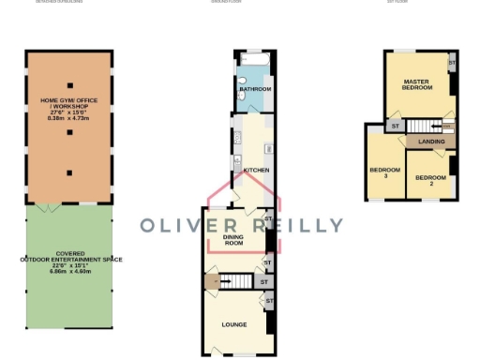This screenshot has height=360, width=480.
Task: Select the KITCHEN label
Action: [x=257, y=170]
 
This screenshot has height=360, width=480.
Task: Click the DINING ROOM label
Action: [x=233, y=241]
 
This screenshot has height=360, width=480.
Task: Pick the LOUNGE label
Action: [x=233, y=324]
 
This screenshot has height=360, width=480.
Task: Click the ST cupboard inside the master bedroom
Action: [x=452, y=64]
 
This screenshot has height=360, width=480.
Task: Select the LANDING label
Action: [x=431, y=142]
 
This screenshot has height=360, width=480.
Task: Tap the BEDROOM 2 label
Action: [x=430, y=180]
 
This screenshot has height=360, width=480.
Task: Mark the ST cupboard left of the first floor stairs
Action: [x=396, y=126]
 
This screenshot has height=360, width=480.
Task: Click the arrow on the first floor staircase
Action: [x=446, y=126]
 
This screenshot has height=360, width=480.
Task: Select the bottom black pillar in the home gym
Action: [x=68, y=172]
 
